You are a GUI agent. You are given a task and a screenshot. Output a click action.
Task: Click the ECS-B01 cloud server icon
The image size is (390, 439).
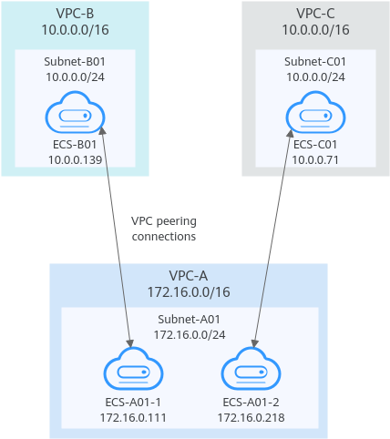(75, 112)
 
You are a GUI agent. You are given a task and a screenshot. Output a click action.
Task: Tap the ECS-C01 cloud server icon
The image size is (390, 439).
(315, 112)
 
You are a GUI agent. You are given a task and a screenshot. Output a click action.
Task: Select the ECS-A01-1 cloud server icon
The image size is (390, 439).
(133, 369)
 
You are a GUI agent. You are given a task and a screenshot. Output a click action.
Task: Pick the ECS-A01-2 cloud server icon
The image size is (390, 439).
(251, 369)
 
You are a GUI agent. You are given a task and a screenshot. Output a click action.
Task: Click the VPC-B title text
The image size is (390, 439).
(75, 14)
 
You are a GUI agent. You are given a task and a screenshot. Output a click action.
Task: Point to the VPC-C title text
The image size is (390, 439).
(315, 14)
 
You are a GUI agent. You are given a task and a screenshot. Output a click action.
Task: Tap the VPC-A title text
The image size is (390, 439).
(189, 276)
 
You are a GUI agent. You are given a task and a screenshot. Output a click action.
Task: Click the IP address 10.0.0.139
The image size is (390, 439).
(76, 160)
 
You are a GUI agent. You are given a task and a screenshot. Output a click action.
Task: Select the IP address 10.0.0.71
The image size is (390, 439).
(315, 160)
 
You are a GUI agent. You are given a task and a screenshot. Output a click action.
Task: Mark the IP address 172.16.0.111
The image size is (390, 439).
(133, 418)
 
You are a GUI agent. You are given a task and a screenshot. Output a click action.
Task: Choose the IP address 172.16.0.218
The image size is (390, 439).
(251, 418)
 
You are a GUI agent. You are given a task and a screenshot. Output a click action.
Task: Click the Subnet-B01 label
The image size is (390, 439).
(75, 62)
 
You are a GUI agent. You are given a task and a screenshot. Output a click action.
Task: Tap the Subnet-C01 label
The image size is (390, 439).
(315, 62)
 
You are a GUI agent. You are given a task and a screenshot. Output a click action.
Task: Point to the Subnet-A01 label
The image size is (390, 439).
(189, 319)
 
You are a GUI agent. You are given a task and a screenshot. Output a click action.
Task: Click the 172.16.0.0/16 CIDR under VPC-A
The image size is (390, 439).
(189, 292)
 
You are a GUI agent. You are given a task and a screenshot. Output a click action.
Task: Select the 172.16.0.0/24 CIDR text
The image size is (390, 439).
(190, 335)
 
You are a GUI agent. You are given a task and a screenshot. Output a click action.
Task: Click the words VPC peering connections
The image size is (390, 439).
(164, 229)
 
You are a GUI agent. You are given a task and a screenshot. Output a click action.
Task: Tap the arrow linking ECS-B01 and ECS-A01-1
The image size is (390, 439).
(117, 237)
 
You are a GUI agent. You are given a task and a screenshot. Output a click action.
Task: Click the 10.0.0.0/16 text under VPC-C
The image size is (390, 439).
(316, 30)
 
